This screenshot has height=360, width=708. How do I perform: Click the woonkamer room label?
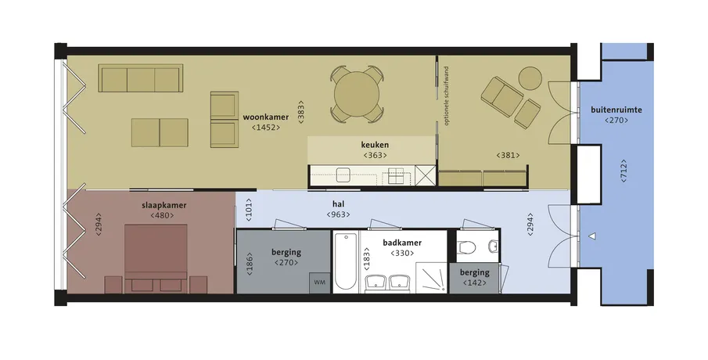point(265,117)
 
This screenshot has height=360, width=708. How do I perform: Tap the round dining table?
point(357,94)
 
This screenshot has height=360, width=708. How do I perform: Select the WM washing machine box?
point(320,283)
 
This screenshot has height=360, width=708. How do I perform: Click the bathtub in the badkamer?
point(346,261)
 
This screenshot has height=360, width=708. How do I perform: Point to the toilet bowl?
point(466,247)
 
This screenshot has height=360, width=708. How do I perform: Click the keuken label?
point(375,145)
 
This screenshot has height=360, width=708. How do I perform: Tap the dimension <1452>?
point(266,128)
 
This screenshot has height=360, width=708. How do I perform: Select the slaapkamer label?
point(164,206)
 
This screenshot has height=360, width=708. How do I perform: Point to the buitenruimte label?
point(616,110)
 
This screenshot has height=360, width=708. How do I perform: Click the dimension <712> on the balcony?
point(624,171)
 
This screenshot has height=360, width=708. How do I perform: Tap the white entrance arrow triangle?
point(592,236)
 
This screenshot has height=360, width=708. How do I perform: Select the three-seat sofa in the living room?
point(141,78)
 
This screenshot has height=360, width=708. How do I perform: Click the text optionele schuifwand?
point(446,95)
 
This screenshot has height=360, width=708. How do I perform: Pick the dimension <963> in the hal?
point(338,214)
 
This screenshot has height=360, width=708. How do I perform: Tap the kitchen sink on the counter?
point(343,175)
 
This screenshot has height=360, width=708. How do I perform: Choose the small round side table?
point(530,78)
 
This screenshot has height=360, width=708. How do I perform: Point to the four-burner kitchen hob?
point(396,176)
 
